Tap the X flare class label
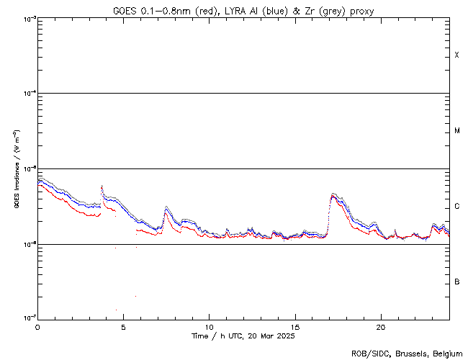click(x=456, y=55)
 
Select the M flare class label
click(x=456, y=131)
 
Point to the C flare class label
click(x=456, y=207)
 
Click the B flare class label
click(x=456, y=282)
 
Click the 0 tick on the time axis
click(x=37, y=326)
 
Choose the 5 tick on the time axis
click(x=123, y=326)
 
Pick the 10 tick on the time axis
click(x=209, y=326)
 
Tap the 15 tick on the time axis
click(x=294, y=326)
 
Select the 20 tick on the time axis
click(x=380, y=326)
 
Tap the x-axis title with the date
click(x=243, y=336)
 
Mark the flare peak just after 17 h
click(x=333, y=194)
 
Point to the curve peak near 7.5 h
click(x=166, y=207)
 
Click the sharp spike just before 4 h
click(x=102, y=186)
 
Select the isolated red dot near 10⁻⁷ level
click(x=116, y=310)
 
